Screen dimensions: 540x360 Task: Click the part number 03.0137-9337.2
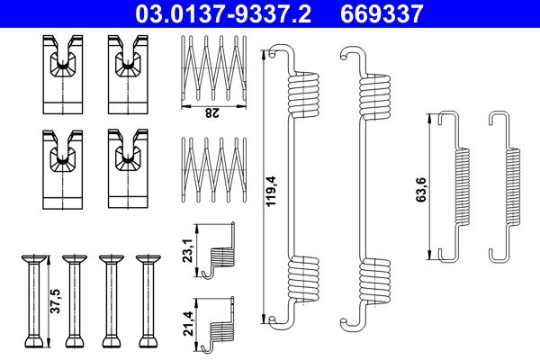223,13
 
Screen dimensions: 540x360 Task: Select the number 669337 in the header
382,13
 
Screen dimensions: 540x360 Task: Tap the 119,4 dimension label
272,191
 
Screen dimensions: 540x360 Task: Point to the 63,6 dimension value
421,190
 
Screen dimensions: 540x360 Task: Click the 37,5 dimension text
55,301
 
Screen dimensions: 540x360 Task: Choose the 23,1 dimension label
188,251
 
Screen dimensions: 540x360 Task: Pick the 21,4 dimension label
188,323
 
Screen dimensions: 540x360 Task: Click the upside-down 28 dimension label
211,112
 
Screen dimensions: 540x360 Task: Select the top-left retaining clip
63,75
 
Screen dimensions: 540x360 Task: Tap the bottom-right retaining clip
128,169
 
